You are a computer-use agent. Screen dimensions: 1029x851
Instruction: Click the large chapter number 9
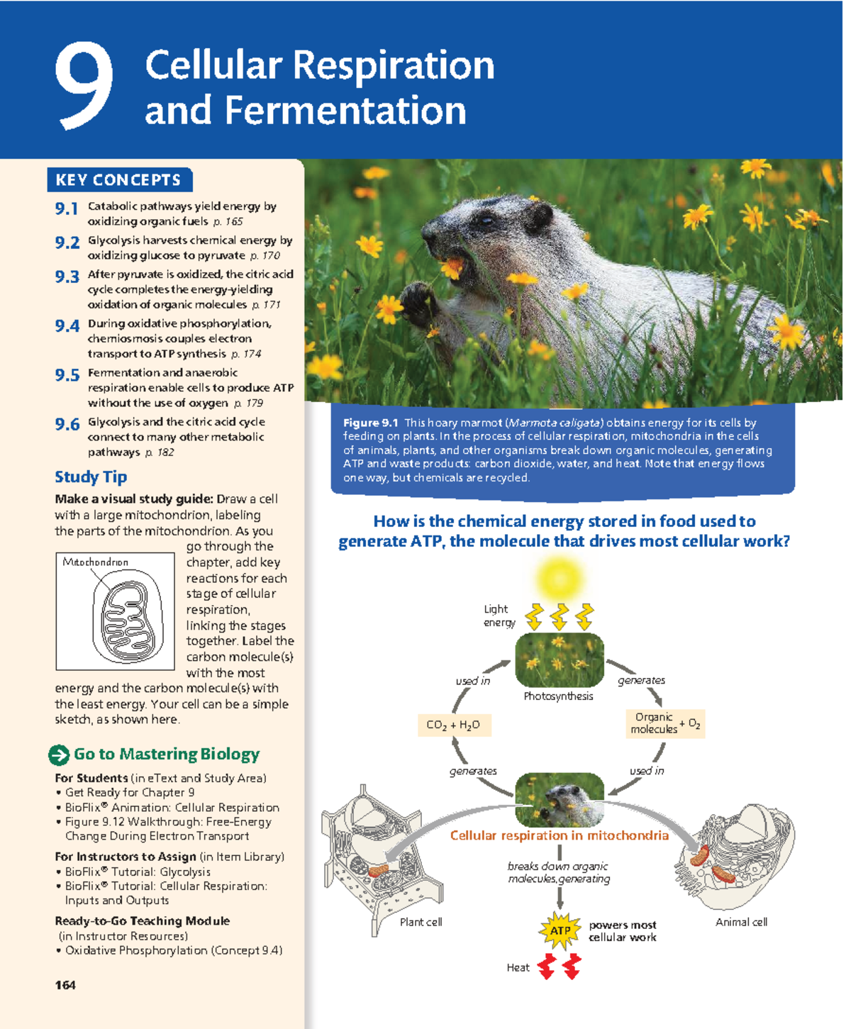tap(84, 87)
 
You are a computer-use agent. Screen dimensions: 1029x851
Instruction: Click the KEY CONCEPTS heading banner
tap(118, 180)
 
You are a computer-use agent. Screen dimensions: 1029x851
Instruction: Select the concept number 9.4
tap(67, 326)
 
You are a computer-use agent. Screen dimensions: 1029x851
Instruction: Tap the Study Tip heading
tap(91, 477)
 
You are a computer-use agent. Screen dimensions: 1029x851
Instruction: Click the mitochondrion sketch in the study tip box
tap(128, 617)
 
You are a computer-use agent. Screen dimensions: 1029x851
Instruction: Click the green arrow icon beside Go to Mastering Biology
tap(59, 755)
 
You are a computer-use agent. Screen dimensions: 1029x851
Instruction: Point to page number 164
tap(65, 985)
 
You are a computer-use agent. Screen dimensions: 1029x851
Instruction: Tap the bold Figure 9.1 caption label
tap(371, 423)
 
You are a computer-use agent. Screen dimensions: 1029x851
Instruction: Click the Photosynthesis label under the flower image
tap(558, 696)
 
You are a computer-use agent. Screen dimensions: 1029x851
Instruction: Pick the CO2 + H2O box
tap(453, 725)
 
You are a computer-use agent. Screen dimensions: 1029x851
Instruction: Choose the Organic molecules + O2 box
tap(664, 723)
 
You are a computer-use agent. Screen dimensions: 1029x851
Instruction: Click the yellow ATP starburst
tap(560, 931)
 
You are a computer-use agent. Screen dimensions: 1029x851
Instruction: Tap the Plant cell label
tap(421, 922)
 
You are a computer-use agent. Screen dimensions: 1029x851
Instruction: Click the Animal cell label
tap(741, 922)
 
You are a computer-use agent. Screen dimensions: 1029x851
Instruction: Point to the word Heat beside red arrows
tap(518, 968)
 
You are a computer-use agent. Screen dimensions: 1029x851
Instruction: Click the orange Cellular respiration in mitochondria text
tap(559, 835)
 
